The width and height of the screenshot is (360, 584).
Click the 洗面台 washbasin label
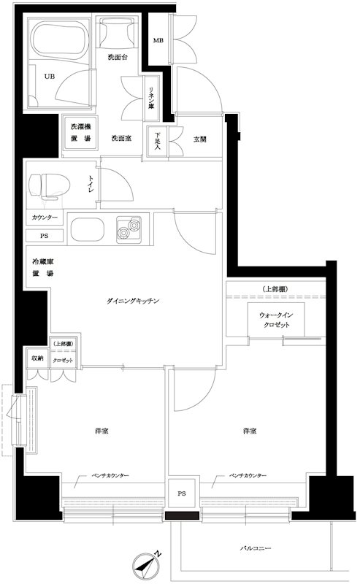(118, 58)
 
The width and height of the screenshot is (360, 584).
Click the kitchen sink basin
(89, 229)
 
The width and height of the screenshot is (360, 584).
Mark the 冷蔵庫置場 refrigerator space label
(44, 267)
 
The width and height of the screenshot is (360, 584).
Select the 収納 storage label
(37, 358)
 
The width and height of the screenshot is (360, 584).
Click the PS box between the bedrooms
(180, 493)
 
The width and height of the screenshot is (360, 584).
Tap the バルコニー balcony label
(256, 546)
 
